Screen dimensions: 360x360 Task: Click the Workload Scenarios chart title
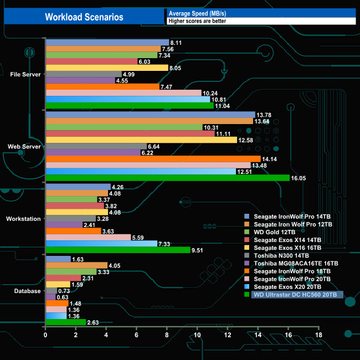coord(84,17)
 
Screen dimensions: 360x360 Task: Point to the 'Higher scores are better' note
coord(197,21)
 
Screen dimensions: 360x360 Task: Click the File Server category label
coord(25,74)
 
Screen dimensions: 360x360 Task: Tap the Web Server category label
coord(24,146)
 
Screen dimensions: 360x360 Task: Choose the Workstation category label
coord(23,219)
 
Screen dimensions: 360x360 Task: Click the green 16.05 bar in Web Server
coord(167,178)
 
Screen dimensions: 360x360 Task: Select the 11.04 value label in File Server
coord(223,106)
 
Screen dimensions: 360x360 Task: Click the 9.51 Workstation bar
coord(117,250)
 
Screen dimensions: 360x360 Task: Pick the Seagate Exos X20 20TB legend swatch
coord(248,287)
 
